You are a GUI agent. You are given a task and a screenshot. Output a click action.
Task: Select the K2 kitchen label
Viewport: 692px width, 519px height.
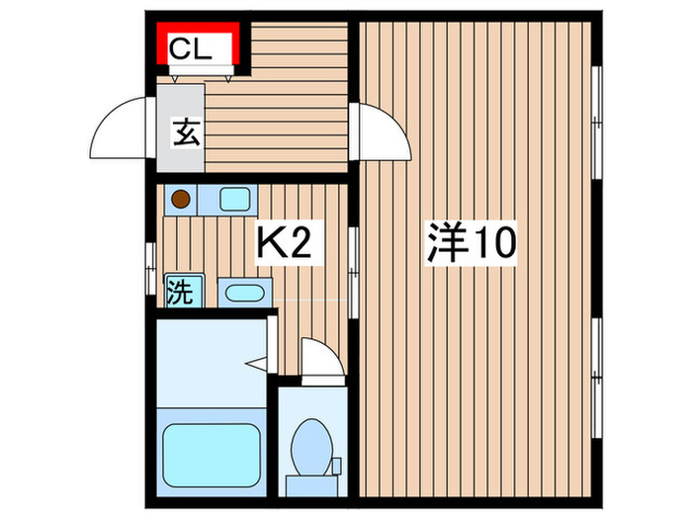(x=285, y=243)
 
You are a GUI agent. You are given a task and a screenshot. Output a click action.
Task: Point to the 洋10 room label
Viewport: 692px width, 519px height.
(x=472, y=242)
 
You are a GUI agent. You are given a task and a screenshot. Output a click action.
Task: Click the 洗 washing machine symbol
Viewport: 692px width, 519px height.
(x=180, y=292)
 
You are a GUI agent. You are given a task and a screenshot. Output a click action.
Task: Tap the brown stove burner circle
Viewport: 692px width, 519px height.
(x=180, y=200)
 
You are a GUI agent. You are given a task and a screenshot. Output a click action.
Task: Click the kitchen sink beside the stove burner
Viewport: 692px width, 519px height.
(x=235, y=200)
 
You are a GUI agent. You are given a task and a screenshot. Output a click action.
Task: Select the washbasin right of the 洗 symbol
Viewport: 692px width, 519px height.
(x=242, y=293)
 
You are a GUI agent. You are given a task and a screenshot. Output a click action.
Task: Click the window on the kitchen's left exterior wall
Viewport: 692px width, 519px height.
(x=151, y=261)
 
